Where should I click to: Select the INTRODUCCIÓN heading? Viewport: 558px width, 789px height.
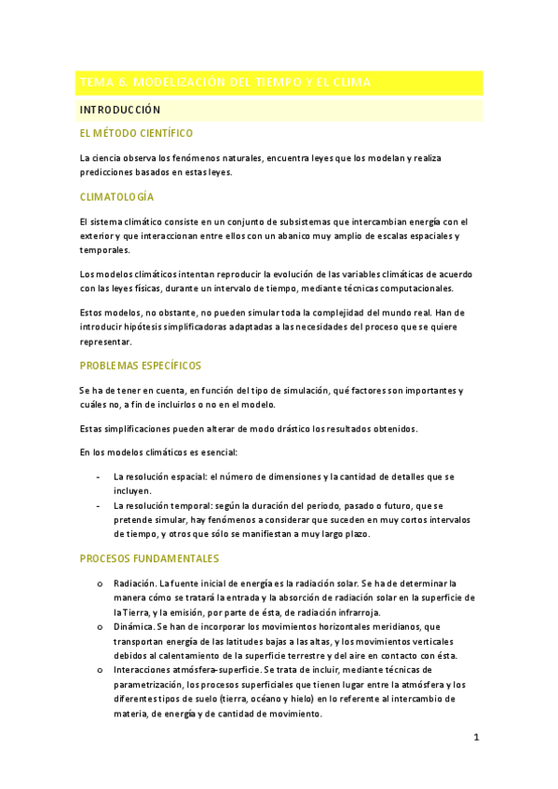pyautogui.click(x=120, y=110)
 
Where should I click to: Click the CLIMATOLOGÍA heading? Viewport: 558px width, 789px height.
pyautogui.click(x=116, y=197)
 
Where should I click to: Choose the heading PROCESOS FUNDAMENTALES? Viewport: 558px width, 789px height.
pyautogui.click(x=149, y=558)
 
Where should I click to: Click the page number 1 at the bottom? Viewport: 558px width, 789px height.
pyautogui.click(x=476, y=738)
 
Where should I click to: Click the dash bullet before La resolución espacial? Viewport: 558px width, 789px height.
pyautogui.click(x=100, y=476)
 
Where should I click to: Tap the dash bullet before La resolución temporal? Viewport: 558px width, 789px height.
pyautogui.click(x=100, y=505)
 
